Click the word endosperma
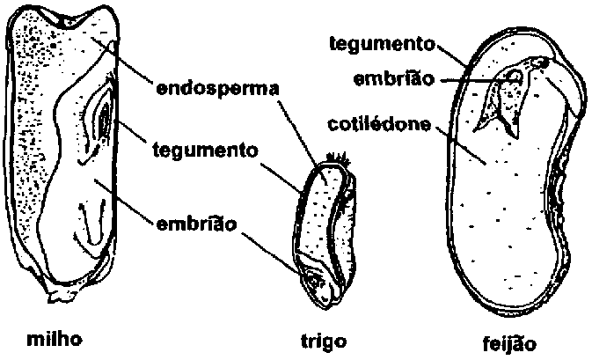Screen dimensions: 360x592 (217, 89)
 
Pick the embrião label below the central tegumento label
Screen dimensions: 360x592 (197, 224)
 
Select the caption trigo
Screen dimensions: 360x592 (323, 341)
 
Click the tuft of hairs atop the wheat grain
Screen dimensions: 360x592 (336, 161)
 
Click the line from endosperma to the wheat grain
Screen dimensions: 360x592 (299, 132)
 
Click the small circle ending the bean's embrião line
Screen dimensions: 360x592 (515, 79)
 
